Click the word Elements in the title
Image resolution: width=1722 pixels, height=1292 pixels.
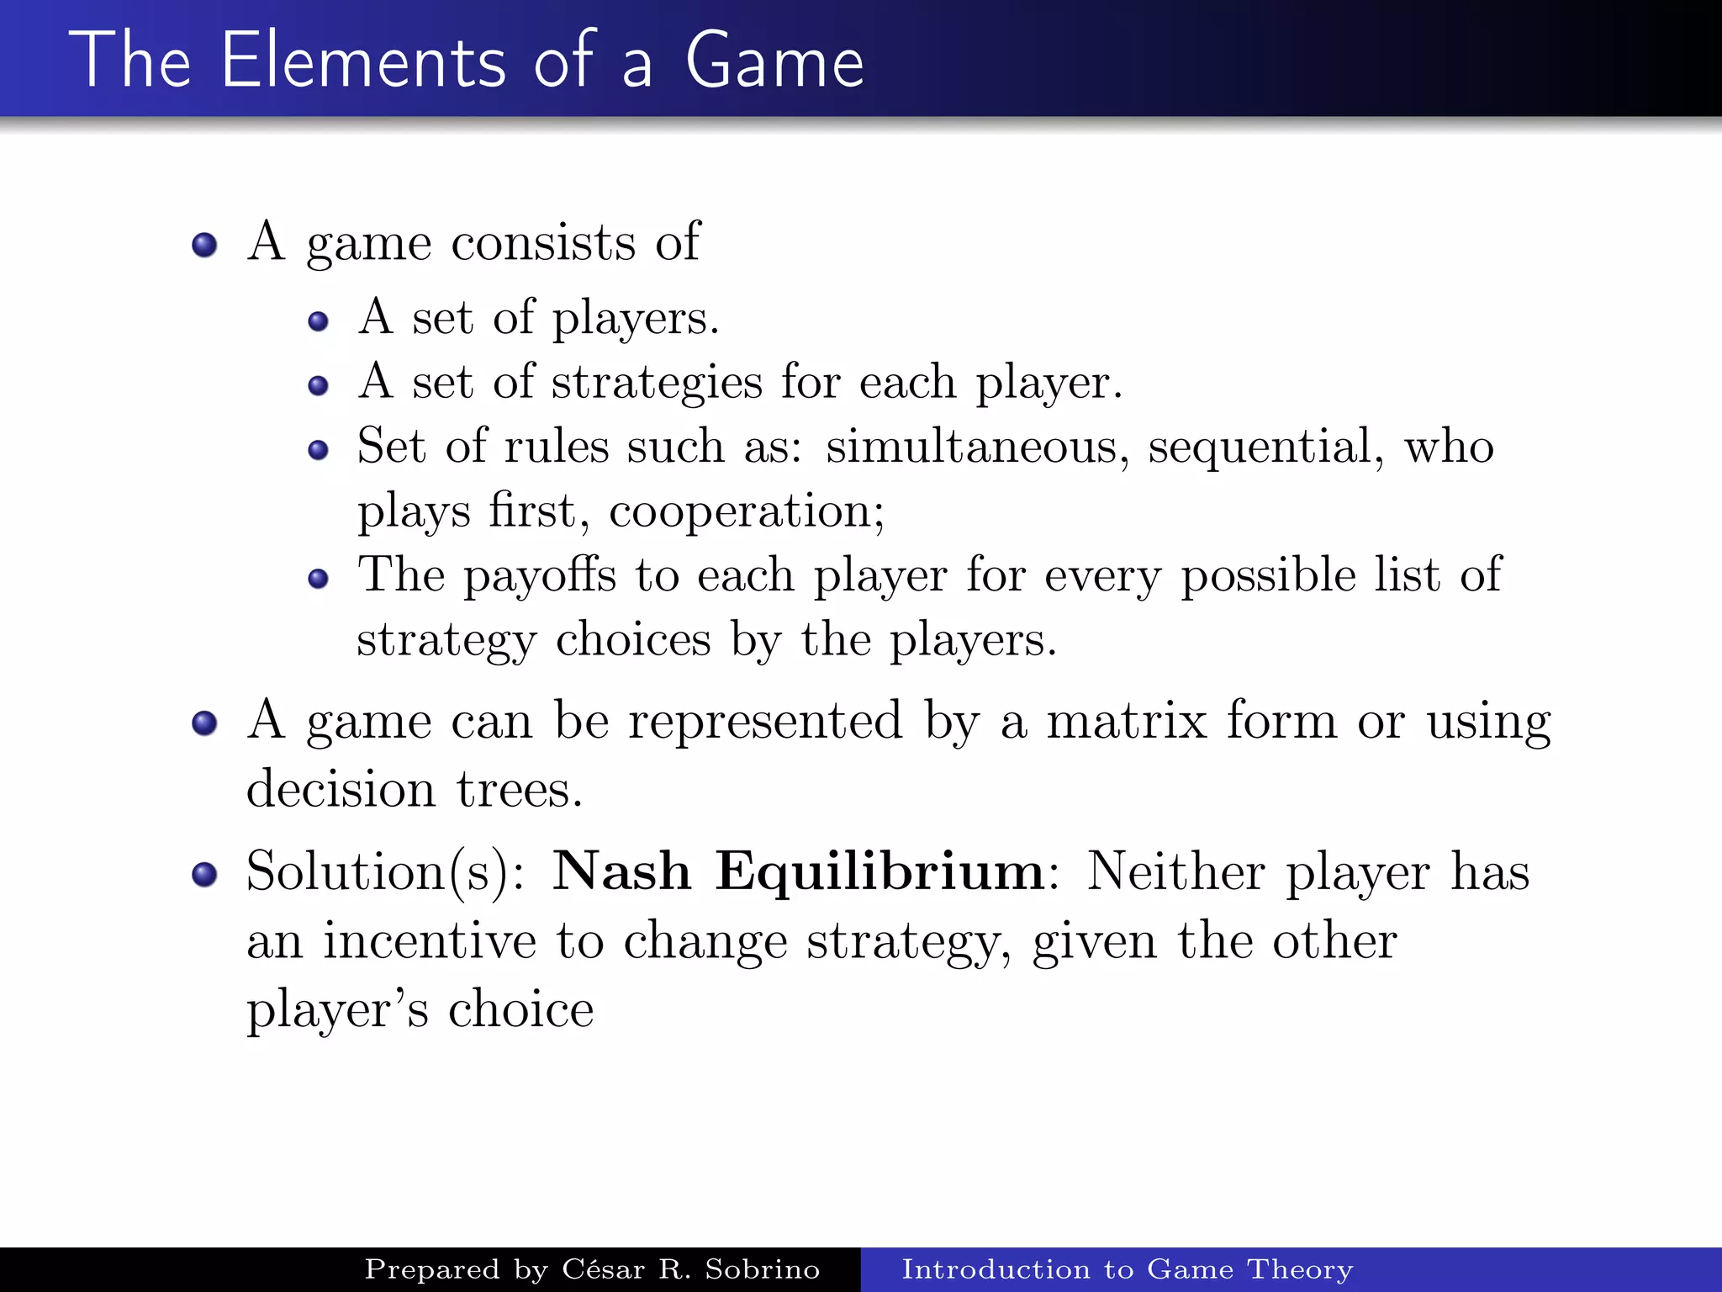(363, 61)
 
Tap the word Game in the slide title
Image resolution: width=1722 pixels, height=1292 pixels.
(774, 61)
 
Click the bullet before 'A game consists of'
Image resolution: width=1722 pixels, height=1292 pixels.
(204, 246)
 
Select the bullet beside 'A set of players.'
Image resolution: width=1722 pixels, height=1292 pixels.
(318, 321)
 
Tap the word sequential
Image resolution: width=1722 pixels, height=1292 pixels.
(1265, 447)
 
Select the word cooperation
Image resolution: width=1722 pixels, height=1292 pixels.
(746, 511)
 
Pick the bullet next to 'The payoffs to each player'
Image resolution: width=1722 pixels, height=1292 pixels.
(318, 579)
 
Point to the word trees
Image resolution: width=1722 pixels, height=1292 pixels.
(519, 790)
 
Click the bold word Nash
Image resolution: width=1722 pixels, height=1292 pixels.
(621, 871)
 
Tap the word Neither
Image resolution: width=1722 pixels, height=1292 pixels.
(1176, 871)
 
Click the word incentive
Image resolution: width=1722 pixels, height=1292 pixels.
(430, 940)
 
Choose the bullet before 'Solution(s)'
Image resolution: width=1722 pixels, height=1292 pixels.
(204, 875)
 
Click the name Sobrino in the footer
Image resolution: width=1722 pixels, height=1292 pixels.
(762, 1269)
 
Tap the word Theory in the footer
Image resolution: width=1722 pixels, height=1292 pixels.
(1300, 1270)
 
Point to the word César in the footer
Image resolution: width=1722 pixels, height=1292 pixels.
(604, 1268)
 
